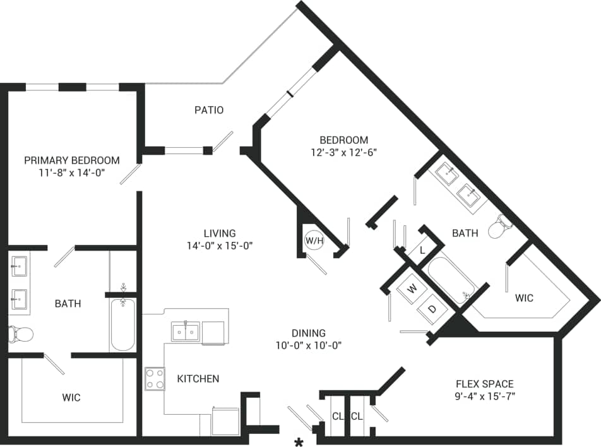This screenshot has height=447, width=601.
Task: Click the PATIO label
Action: pyautogui.click(x=208, y=110)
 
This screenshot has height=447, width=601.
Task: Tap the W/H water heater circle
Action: pyautogui.click(x=312, y=241)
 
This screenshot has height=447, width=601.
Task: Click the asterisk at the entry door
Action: pyautogui.click(x=299, y=440)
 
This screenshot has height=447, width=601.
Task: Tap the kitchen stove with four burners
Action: pyautogui.click(x=155, y=378)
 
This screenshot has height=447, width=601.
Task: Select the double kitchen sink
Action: pyautogui.click(x=186, y=331)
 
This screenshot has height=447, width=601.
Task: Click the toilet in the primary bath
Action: pyautogui.click(x=20, y=333)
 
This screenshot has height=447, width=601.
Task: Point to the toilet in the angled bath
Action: pyautogui.click(x=503, y=226)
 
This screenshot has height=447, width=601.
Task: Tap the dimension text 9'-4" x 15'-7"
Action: pyautogui.click(x=484, y=397)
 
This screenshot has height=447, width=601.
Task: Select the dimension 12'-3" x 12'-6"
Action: pyautogui.click(x=343, y=152)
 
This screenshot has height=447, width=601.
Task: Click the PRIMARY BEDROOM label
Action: pyautogui.click(x=72, y=160)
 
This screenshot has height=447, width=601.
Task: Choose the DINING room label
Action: pyautogui.click(x=308, y=333)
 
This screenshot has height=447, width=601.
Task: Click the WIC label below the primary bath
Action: pyautogui.click(x=71, y=398)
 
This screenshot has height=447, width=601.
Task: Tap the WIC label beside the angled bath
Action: pyautogui.click(x=524, y=297)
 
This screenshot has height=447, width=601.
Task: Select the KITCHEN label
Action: pyautogui.click(x=198, y=379)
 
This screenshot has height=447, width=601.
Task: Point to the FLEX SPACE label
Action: pyautogui.click(x=484, y=384)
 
